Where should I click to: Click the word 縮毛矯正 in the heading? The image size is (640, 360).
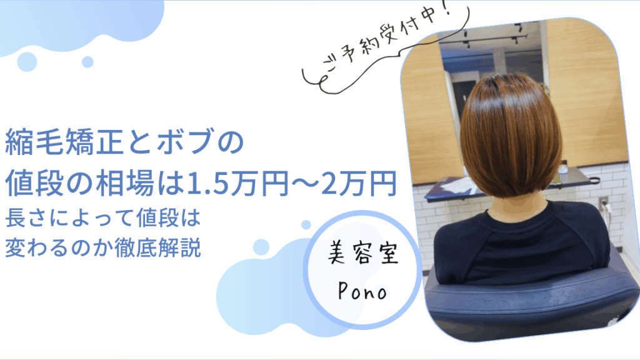[64, 142]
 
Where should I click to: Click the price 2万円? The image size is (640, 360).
[359, 182]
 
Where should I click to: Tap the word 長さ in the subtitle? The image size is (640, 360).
[26, 217]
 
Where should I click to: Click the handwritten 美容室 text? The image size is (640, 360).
[363, 252]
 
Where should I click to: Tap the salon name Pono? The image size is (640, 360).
[362, 291]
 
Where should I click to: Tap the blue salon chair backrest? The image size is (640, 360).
[531, 302]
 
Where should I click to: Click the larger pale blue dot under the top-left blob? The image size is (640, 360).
[27, 62]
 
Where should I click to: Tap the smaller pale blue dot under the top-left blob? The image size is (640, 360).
[87, 62]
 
